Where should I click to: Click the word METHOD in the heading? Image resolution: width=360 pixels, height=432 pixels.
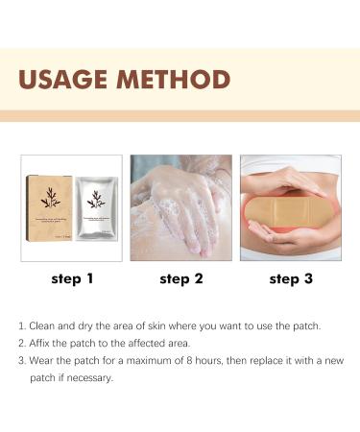coord(176,79)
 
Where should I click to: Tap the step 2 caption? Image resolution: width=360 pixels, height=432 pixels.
coord(180,279)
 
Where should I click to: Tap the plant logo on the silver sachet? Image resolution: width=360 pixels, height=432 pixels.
coord(96,201)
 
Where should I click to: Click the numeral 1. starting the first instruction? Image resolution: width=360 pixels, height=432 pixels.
coord(22,325)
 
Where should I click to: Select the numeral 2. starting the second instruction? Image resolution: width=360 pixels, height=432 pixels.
coord(22,343)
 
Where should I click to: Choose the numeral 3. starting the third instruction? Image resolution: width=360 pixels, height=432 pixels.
coord(22,360)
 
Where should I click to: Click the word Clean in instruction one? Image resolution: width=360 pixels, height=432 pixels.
coord(43,325)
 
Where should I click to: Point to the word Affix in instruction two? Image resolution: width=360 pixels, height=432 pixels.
coord(41,343)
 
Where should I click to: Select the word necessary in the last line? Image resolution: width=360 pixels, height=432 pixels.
coord(90,377)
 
